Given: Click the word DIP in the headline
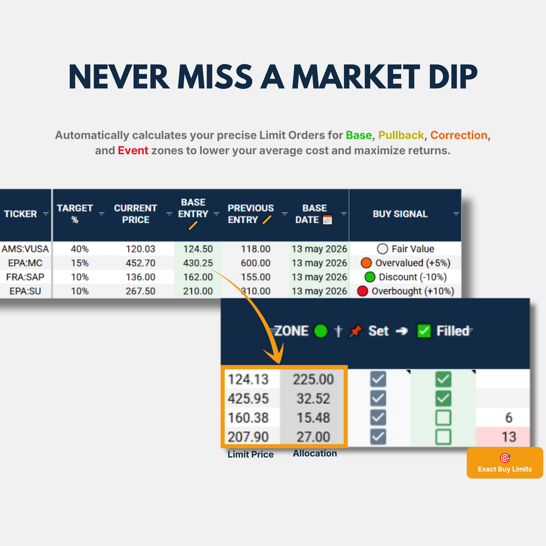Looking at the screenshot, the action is [453, 77].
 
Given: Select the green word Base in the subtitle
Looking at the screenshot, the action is [359, 135].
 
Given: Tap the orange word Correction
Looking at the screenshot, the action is [459, 135].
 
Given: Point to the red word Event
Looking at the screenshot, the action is [133, 150].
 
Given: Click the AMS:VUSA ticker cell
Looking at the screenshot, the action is [25, 249].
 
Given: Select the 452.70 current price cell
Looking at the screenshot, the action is [140, 263].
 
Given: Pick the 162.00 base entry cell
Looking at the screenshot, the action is [198, 277].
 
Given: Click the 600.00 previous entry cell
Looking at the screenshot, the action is [255, 263].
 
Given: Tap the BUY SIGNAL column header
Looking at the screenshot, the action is [400, 214].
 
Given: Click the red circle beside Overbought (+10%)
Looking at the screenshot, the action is [362, 291].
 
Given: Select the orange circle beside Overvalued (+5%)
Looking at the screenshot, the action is [366, 263].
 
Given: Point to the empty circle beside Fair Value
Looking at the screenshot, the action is [382, 249].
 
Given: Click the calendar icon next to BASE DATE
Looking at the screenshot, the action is [327, 219].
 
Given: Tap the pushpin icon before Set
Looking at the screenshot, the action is [355, 331].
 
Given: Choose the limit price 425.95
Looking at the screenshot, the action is [248, 398].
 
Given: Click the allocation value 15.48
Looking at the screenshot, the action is [313, 417].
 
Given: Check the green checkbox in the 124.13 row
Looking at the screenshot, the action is [443, 379].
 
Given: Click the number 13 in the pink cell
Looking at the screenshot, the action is [509, 437].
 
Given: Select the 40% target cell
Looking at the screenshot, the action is [80, 249].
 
